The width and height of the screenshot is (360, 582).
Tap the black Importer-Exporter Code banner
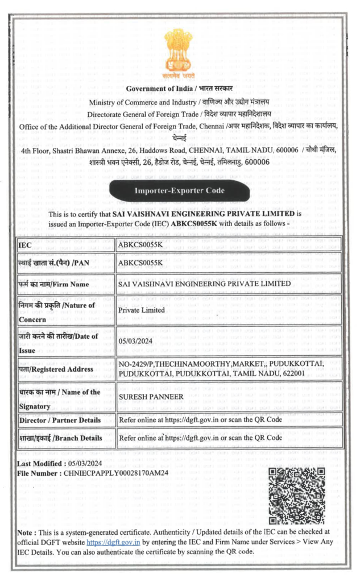tap(179, 190)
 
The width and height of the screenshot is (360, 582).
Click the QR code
tap(296, 496)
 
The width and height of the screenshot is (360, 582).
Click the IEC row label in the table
tap(25, 246)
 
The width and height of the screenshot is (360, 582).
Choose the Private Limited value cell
tap(142, 310)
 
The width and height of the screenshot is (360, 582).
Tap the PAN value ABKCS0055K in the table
tap(140, 263)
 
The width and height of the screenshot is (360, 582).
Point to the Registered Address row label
tap(55, 369)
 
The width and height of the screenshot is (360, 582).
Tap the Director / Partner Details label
tap(60, 420)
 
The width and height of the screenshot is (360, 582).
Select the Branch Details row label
tap(60, 438)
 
